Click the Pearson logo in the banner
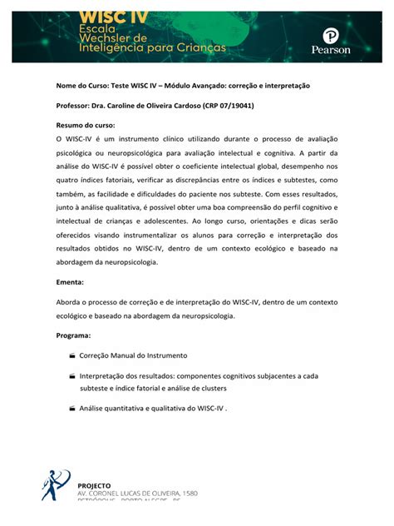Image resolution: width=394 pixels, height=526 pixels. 330,42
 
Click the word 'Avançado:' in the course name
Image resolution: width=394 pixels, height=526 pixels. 216,86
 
